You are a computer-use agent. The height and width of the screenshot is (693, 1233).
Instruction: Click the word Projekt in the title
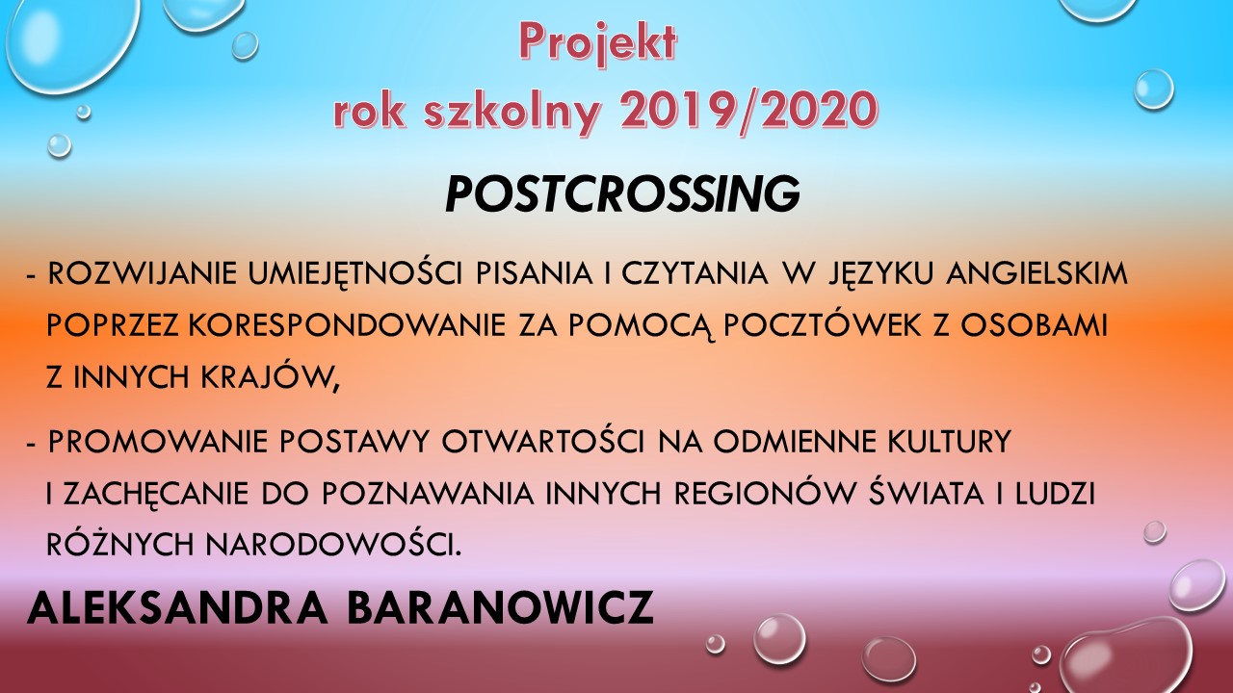[598, 43]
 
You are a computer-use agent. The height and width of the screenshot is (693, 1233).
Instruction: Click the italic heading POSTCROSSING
[622, 193]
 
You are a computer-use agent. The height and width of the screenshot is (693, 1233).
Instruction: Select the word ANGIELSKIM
[1036, 274]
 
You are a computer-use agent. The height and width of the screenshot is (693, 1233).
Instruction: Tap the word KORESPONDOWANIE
[347, 325]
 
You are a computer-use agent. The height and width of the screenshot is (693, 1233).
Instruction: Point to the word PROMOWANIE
[157, 441]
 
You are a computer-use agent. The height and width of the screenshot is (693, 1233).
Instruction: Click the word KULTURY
[949, 441]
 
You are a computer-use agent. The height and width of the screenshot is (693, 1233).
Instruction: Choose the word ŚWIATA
[926, 491]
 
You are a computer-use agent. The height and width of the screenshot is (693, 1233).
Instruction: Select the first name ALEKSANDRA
[177, 607]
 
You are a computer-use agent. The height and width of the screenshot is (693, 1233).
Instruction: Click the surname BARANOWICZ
[500, 607]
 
